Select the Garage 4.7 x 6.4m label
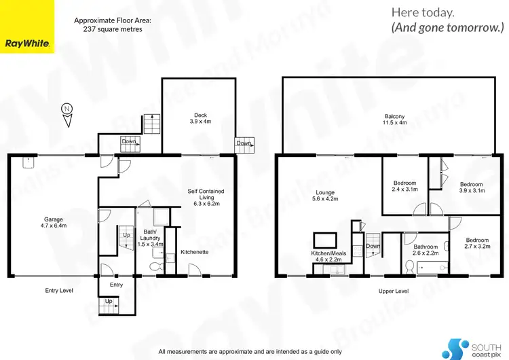[x=54, y=223]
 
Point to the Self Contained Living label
[x=208, y=197]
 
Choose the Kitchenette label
[x=194, y=252]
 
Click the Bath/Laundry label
[x=149, y=238]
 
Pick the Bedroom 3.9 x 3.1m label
[x=472, y=188]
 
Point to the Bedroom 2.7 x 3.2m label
[x=476, y=243]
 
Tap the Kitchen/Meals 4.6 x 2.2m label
[x=328, y=256]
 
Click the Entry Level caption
[x=58, y=290]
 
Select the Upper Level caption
[x=394, y=291]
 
